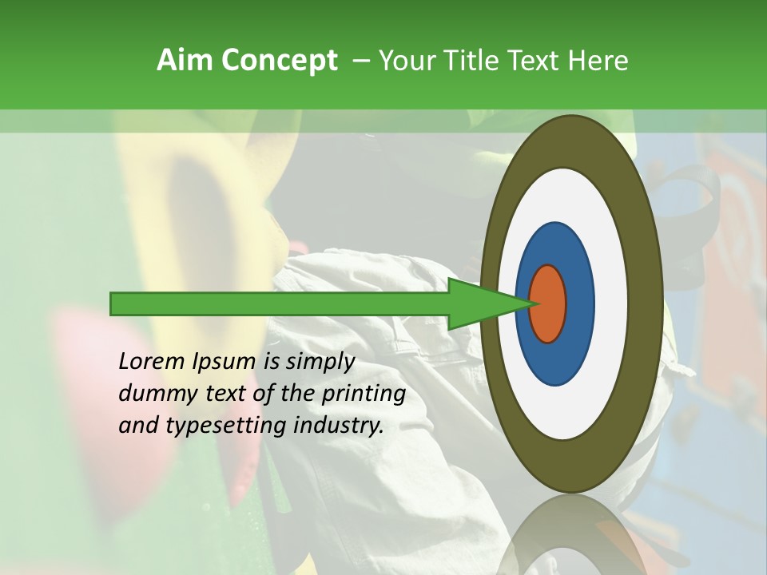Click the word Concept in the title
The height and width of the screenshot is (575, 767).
click(280, 60)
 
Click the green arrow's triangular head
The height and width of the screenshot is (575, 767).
click(479, 303)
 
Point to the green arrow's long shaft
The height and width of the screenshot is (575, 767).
click(280, 303)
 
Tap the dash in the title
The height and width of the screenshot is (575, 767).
click(360, 61)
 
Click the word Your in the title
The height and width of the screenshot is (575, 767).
click(403, 60)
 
